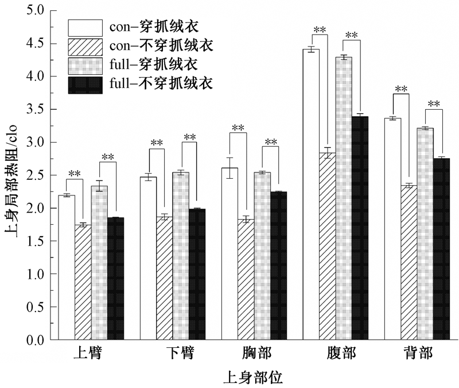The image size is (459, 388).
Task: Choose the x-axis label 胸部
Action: [254, 353]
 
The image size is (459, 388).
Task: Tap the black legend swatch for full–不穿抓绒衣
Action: [85, 84]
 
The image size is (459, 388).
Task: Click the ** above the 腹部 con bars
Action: [320, 29]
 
